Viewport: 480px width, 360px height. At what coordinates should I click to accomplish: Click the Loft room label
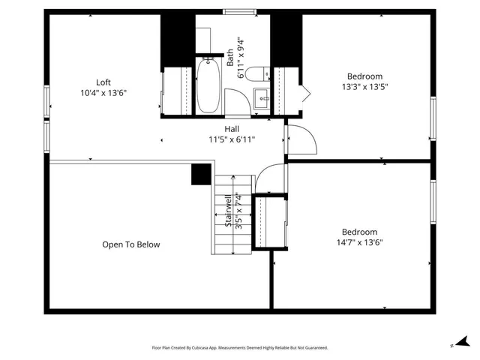click(x=103, y=82)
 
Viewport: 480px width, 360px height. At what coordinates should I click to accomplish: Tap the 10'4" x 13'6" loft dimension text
click(x=103, y=94)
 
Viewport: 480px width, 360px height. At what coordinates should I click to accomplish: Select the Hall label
click(x=232, y=128)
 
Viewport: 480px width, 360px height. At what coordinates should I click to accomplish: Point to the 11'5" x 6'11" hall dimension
click(x=232, y=139)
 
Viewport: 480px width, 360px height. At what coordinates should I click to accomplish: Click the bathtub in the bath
click(x=209, y=86)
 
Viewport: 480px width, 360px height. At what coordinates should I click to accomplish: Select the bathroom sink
click(x=262, y=97)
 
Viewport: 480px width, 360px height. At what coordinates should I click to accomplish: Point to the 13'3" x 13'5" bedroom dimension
click(x=364, y=87)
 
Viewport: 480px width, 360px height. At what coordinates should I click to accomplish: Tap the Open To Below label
click(x=131, y=244)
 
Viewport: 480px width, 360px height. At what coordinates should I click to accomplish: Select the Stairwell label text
click(x=228, y=211)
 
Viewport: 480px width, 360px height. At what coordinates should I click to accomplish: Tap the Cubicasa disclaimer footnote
click(x=239, y=348)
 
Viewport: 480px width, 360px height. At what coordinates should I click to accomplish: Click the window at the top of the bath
click(x=235, y=11)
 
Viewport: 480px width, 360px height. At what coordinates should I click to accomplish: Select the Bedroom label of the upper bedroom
click(x=364, y=76)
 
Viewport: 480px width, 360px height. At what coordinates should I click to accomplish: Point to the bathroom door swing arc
click(x=236, y=101)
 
